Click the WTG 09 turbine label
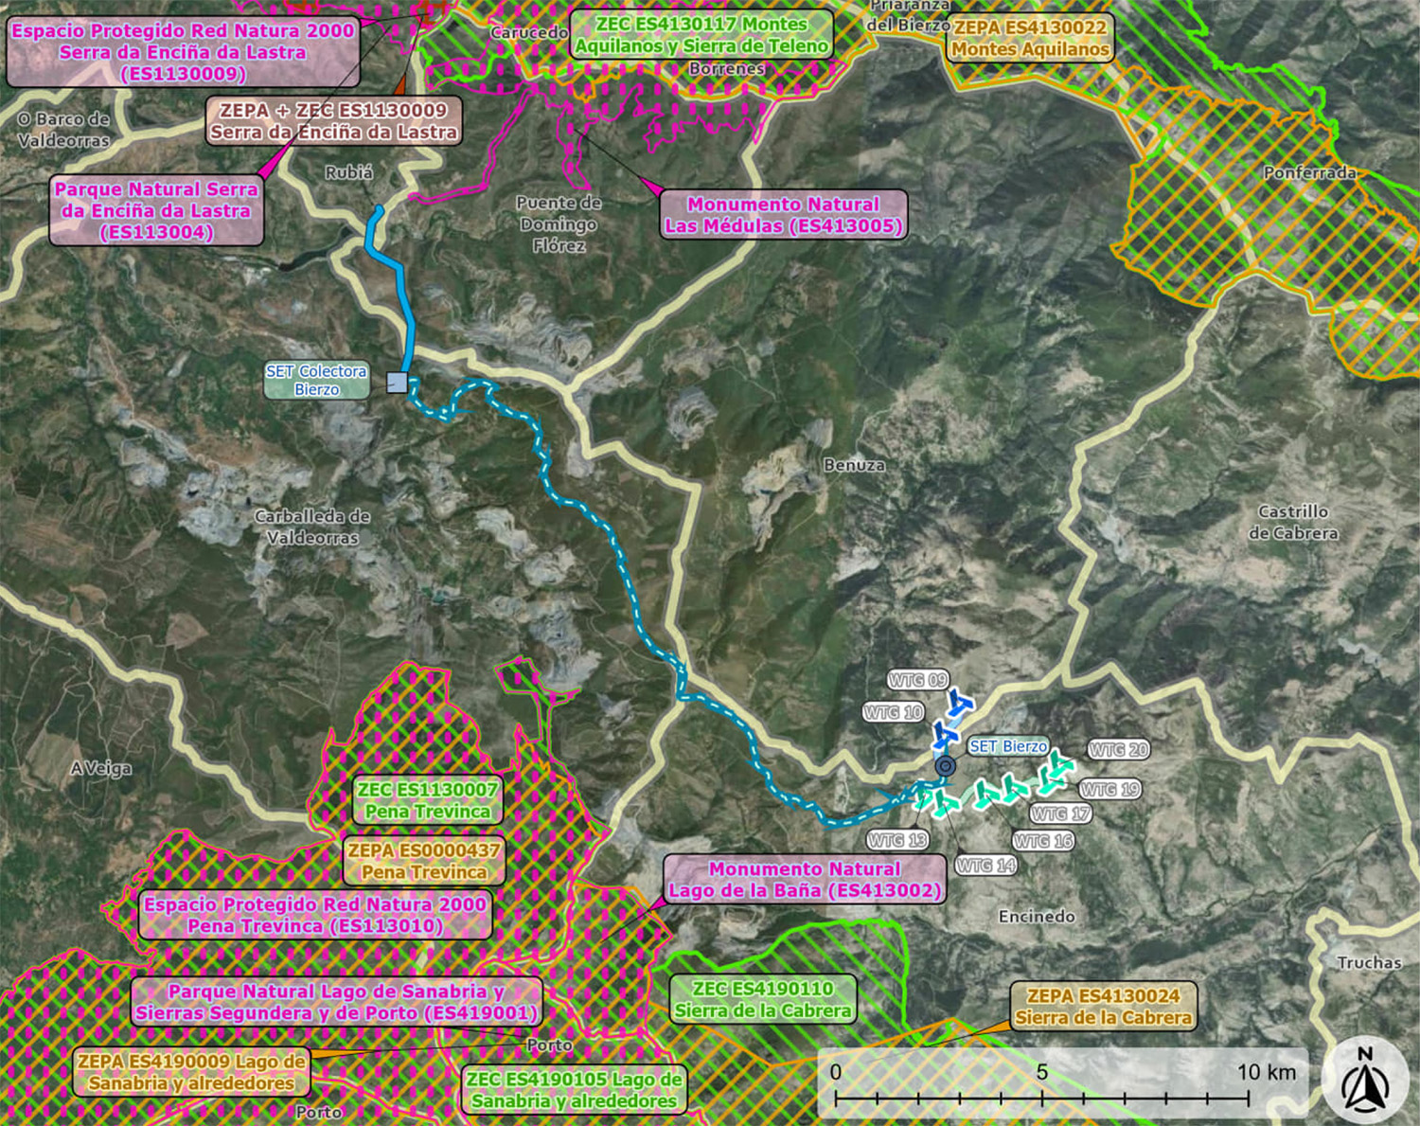click(917, 680)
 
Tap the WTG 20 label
click(1118, 750)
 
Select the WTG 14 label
click(985, 865)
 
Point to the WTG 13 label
click(896, 840)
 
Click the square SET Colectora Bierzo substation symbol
click(398, 383)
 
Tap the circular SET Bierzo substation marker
click(945, 766)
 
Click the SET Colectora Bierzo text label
click(316, 380)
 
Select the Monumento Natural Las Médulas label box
click(783, 215)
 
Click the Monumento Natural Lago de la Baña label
click(805, 880)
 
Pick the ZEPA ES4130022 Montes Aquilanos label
click(1030, 39)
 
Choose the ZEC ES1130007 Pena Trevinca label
click(428, 800)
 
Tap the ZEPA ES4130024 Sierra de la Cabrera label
click(1103, 1007)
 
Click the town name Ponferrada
click(1309, 172)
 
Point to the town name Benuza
click(854, 465)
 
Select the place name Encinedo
click(1037, 916)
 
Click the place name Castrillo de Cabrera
click(1293, 522)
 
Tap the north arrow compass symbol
click(1364, 1081)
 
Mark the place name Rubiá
click(348, 173)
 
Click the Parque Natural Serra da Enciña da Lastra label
click(156, 210)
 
